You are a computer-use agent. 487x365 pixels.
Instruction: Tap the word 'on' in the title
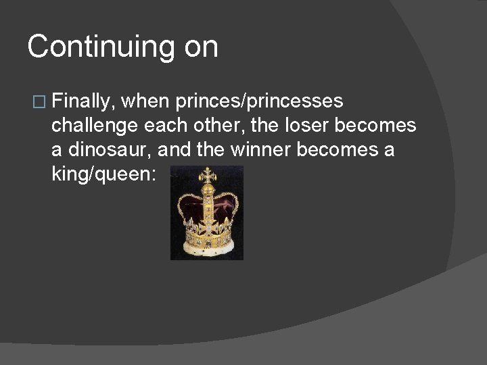point(202,48)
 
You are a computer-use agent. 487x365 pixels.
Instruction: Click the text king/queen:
point(103,174)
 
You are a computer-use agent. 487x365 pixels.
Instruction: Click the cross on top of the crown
point(206,173)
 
